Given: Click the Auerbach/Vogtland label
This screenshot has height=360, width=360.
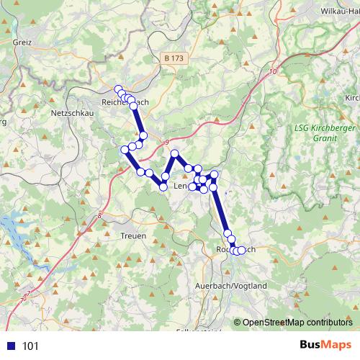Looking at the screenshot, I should click(x=231, y=286).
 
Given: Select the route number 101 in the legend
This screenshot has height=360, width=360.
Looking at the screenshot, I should click(x=31, y=346).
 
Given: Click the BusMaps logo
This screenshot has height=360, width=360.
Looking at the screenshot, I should click(x=326, y=346).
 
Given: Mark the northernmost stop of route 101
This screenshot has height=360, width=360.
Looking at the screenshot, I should click(x=119, y=89).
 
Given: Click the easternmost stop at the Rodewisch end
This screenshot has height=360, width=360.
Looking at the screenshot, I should click(x=242, y=250).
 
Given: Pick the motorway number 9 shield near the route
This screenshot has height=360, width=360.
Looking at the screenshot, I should click(x=166, y=143).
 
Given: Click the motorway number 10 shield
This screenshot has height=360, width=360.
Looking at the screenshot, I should click(x=273, y=71).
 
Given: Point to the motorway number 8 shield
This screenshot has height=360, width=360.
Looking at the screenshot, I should click(x=99, y=214).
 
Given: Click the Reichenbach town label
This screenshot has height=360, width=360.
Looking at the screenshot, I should click(x=125, y=103).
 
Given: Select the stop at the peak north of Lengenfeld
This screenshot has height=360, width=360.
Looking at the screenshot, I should click(x=174, y=154).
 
